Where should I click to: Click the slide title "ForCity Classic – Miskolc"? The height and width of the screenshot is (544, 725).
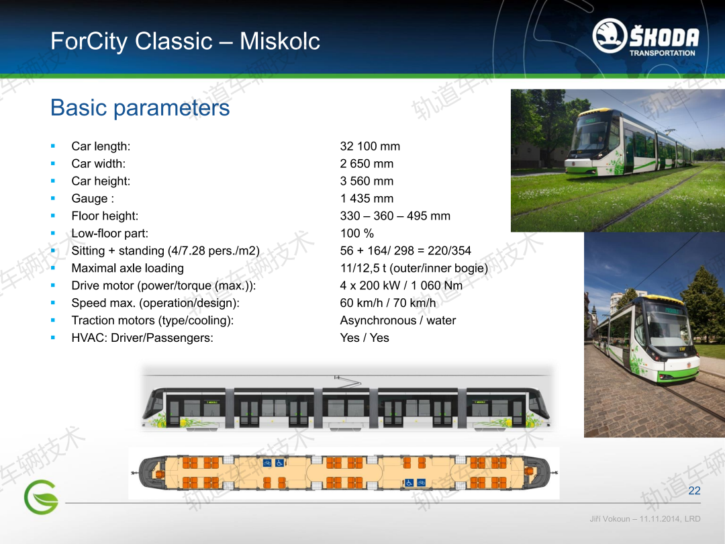pos(185,41)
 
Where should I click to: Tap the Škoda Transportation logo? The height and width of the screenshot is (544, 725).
pos(646,38)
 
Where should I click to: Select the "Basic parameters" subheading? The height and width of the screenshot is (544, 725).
pos(140,107)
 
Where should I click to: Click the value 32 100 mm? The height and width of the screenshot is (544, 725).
pos(370,146)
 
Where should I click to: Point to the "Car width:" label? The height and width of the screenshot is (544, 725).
pos(99,164)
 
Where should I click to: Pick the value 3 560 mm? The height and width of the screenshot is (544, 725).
pos(367,181)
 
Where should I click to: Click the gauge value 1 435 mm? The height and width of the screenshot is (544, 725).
pos(367,198)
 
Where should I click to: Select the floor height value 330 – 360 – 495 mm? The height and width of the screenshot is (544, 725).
pos(395,216)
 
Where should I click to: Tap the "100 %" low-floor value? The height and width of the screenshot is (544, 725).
pos(356,233)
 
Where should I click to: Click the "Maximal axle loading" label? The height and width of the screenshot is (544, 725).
pos(128,268)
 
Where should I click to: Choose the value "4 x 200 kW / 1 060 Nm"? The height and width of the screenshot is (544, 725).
pos(401,285)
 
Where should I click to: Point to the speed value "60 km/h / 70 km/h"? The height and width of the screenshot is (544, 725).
pos(388,303)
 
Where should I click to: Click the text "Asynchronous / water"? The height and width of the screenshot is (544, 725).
pos(397,320)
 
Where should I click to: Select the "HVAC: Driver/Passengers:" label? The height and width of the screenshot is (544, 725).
pos(142,338)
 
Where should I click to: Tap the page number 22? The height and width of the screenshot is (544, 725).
pos(694,491)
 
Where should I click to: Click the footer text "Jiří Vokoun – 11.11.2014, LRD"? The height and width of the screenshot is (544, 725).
pos(644,519)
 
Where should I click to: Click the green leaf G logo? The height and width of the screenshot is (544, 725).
pos(41,497)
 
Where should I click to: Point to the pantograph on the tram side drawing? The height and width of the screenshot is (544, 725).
pos(348,381)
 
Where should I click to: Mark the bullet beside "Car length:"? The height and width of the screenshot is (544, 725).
pos(53,146)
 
